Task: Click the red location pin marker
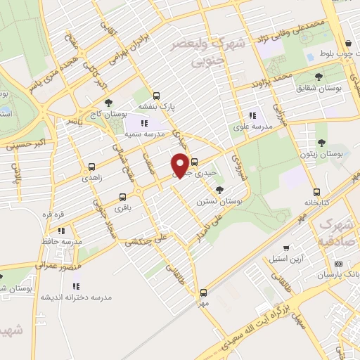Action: (180, 165)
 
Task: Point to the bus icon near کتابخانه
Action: (316, 191)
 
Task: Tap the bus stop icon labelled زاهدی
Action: (92, 167)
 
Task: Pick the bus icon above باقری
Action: (123, 197)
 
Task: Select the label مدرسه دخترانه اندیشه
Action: (77, 297)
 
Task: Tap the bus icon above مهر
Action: (203, 292)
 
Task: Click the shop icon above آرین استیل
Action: (286, 248)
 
